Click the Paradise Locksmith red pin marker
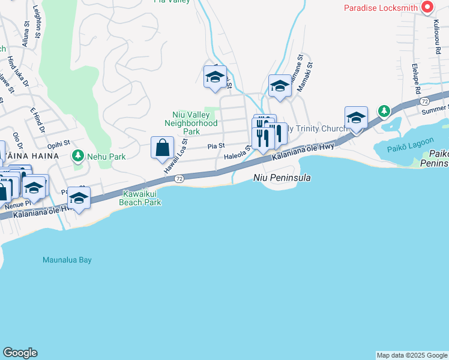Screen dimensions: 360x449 pos(427,7)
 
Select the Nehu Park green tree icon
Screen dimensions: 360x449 pos(77,156)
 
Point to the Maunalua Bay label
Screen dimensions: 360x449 pos(67,260)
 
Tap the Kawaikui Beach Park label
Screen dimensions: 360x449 pos(142,198)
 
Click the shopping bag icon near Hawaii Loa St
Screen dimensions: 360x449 pos(162,148)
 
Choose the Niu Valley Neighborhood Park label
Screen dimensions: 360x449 pos(191,123)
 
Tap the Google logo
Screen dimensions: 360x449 pos(20,353)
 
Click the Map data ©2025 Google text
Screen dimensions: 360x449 pos(411,355)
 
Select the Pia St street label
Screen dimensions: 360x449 pos(216,146)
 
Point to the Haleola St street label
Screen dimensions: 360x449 pos(236,155)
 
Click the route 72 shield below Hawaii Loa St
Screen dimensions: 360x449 pos(179,179)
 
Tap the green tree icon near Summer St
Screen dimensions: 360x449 pos(384,111)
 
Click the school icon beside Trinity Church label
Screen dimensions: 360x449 pos(356,118)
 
